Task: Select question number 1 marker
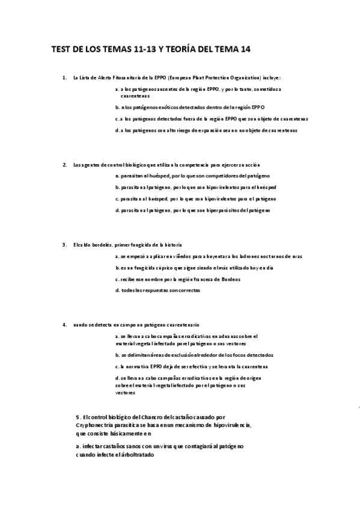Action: (64, 78)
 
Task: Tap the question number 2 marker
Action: (64, 164)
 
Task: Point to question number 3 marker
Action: (64, 244)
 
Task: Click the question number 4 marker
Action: (64, 325)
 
